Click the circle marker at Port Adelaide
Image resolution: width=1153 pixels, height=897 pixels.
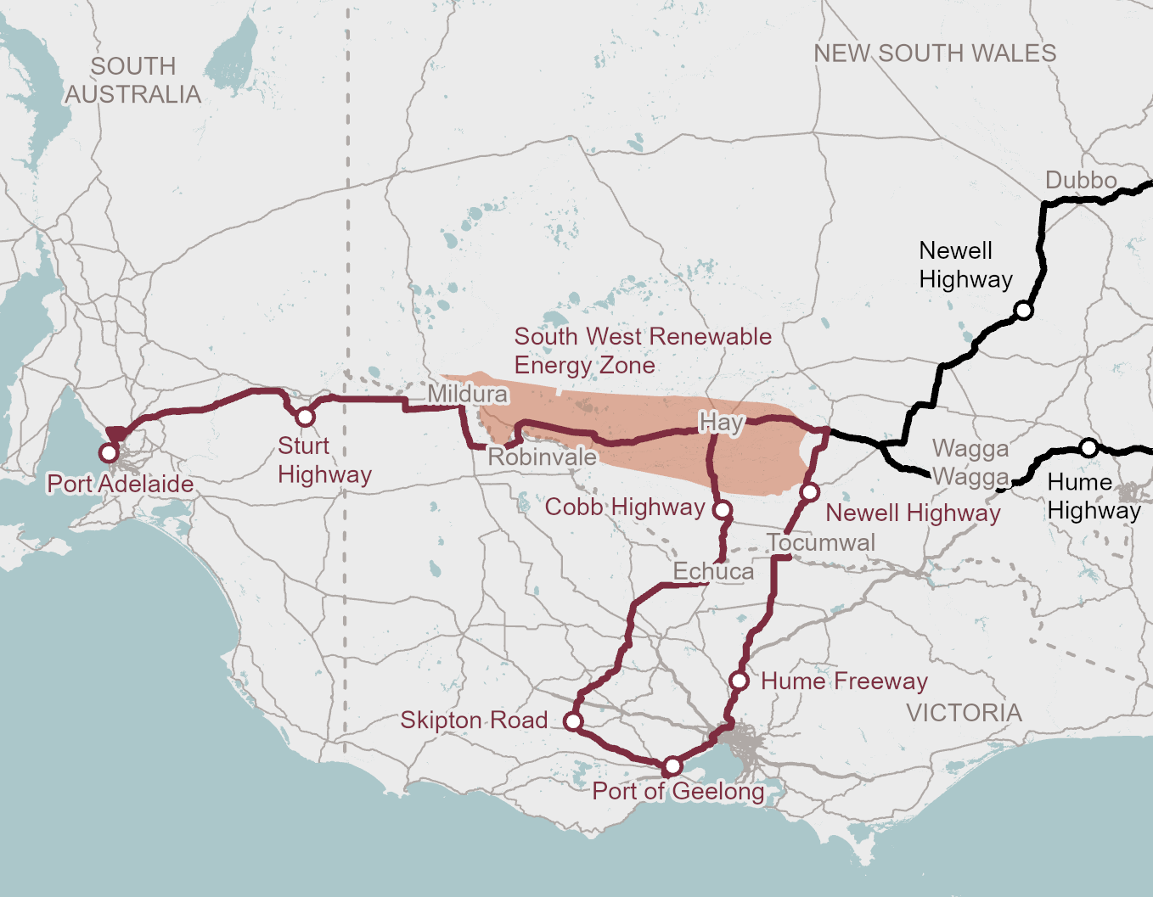[109, 452]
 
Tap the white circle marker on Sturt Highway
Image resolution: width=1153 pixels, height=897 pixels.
[305, 417]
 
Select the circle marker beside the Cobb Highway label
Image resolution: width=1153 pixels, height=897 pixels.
[722, 509]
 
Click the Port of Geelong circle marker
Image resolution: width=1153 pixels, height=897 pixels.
[672, 766]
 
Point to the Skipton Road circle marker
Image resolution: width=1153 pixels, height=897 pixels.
[573, 721]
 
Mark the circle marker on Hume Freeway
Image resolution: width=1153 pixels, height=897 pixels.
[739, 681]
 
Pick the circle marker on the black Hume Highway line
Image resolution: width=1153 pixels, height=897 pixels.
[1088, 447]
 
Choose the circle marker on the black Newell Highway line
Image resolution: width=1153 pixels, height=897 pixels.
[1024, 311]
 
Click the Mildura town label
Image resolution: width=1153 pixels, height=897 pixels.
[467, 394]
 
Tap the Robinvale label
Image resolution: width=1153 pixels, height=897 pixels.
[542, 457]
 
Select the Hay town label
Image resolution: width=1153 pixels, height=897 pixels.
[721, 422]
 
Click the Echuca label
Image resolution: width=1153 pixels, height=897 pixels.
[713, 571]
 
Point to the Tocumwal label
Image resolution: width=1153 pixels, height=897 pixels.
[820, 542]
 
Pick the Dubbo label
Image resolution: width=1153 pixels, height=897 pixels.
[1080, 181]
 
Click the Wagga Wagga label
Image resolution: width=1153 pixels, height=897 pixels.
[970, 463]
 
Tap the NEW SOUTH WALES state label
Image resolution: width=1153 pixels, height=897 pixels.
[935, 53]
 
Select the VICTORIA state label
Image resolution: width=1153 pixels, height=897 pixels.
[964, 713]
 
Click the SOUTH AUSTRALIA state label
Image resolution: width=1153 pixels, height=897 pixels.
[133, 80]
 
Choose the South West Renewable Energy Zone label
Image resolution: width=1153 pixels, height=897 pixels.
[642, 350]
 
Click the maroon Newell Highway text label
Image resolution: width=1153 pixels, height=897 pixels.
[913, 513]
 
